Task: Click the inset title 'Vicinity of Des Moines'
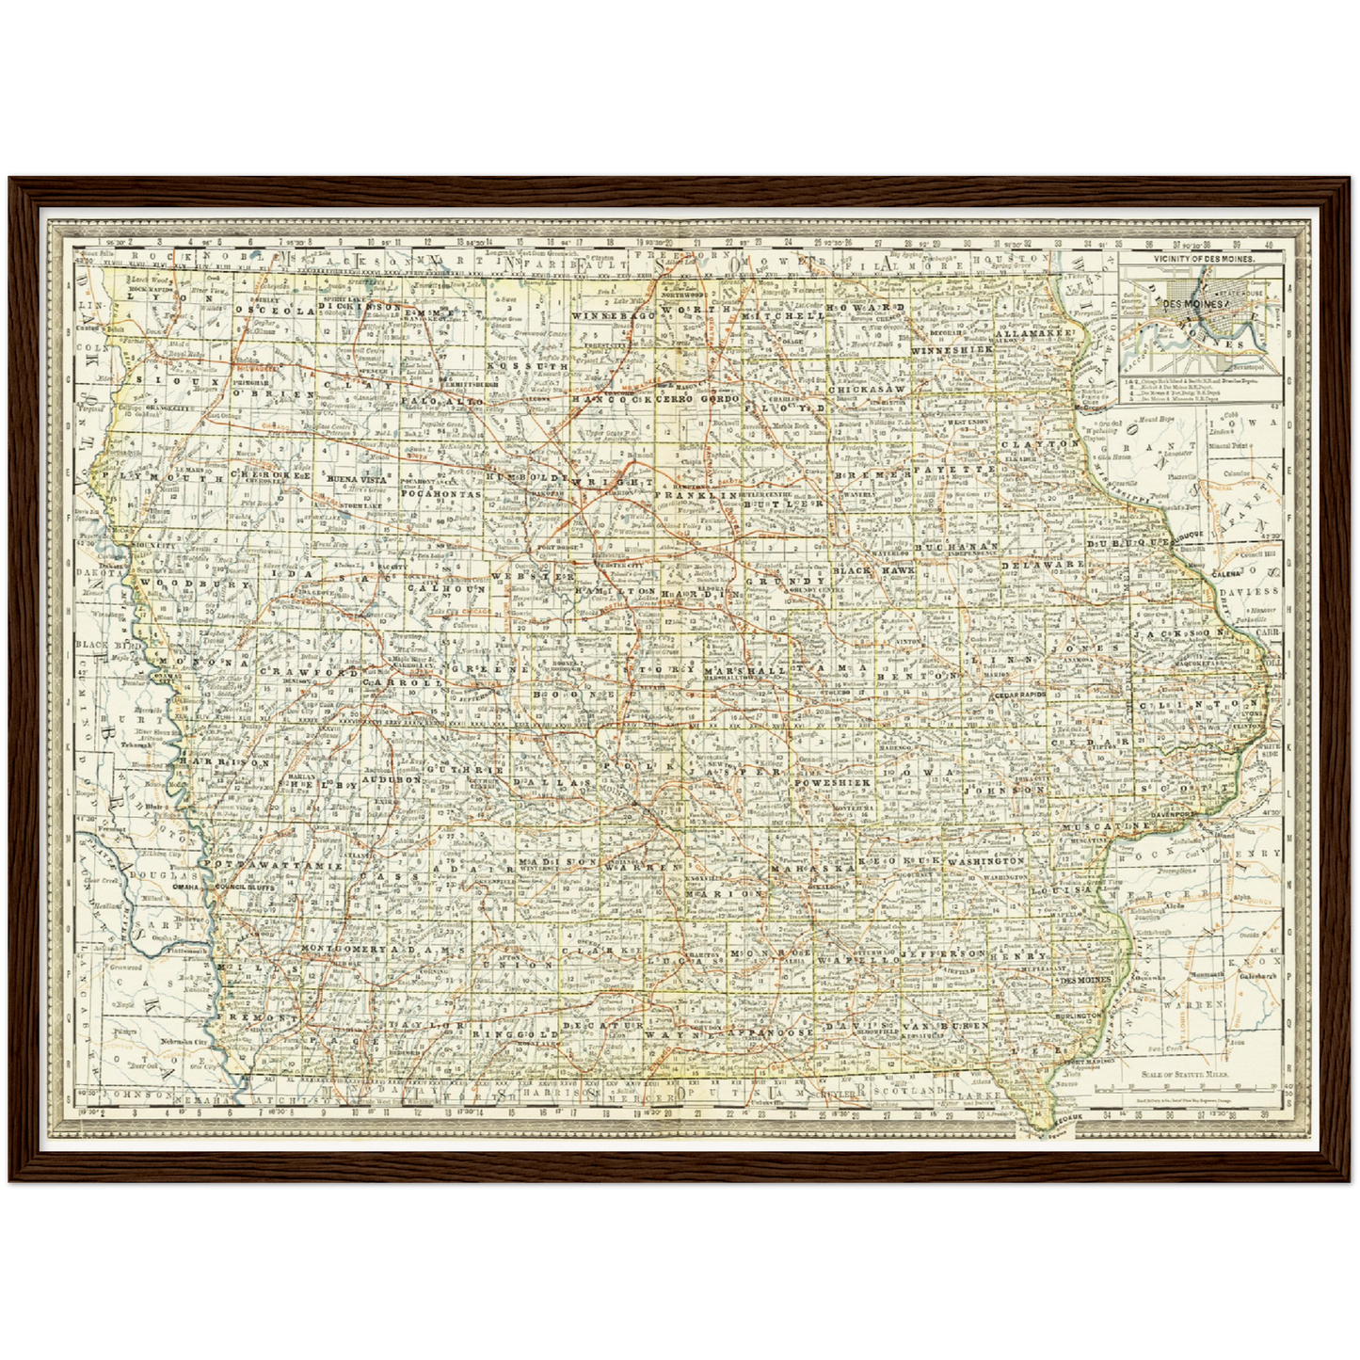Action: [1201, 257]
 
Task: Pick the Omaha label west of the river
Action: [185, 886]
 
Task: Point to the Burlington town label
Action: [1077, 1017]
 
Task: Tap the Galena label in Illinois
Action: [1225, 572]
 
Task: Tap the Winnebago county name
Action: [613, 315]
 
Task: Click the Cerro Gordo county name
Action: [695, 399]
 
